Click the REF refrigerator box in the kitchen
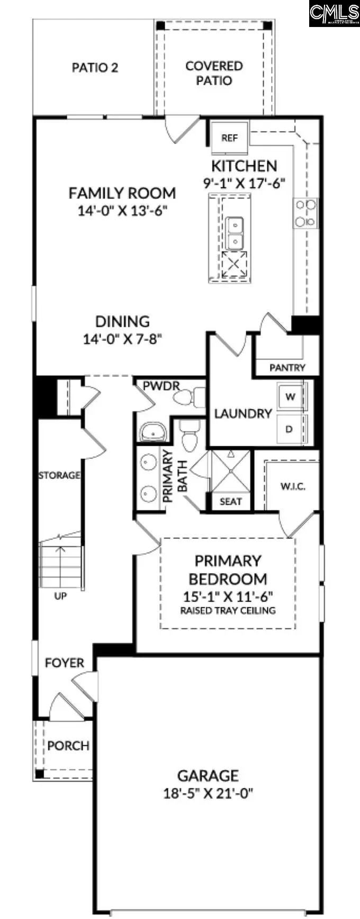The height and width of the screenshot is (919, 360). coord(229,138)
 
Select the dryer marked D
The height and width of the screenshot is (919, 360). coord(290,429)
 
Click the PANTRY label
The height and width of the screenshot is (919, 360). coord(287,367)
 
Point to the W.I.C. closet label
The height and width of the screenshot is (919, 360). coord(293,486)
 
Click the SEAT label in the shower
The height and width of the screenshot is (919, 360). coord(230,501)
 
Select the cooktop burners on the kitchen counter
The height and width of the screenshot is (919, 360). coord(305,213)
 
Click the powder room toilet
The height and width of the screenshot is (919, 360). coord(191,397)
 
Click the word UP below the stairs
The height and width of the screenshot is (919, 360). coord(60,596)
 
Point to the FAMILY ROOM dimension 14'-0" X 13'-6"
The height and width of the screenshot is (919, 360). coord(122,210)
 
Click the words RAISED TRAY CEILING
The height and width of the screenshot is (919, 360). coord(228,610)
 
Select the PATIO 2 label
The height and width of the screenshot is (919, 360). coord(95,68)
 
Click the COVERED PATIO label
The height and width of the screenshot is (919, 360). coord(214,73)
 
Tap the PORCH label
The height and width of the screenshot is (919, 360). coord(68,746)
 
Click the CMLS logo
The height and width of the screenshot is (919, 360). coord(335,13)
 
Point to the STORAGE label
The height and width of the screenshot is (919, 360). coord(59,475)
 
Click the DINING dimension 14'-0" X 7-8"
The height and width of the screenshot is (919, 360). coord(122,339)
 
